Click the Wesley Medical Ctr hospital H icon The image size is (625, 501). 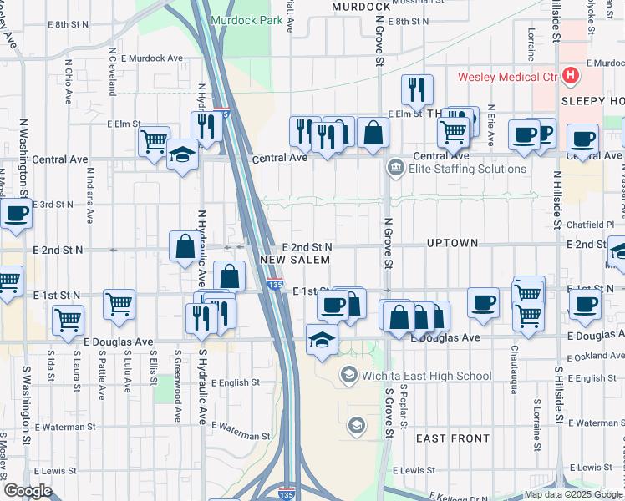pyautogui.click(x=571, y=76)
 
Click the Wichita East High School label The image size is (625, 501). pyautogui.click(x=426, y=377)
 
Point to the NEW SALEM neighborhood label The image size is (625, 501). pyautogui.click(x=295, y=261)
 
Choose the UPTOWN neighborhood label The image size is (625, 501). pyautogui.click(x=451, y=243)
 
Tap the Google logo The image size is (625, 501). pyautogui.click(x=28, y=491)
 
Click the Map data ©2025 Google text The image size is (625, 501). pyautogui.click(x=572, y=493)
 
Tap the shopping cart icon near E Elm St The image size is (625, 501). pyautogui.click(x=154, y=143)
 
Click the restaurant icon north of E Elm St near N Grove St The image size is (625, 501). pyautogui.click(x=416, y=89)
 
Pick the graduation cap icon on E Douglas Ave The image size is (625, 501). pyautogui.click(x=322, y=340)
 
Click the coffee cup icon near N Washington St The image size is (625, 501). pyautogui.click(x=16, y=214)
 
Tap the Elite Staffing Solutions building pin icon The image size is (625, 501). pyautogui.click(x=394, y=169)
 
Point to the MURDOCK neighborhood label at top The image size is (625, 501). pyautogui.click(x=349, y=6)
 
